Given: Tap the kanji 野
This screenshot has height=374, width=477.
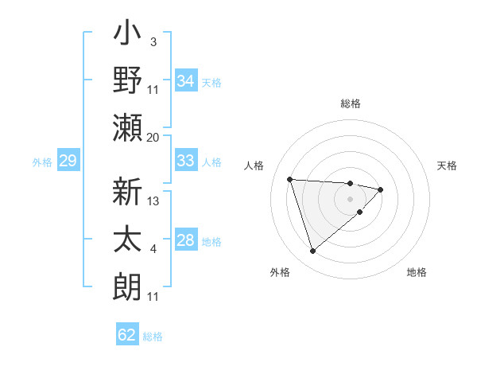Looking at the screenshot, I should [x=128, y=81].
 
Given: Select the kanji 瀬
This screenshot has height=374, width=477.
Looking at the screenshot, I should [x=128, y=127].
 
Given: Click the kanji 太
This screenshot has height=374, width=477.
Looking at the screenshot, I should [x=128, y=239].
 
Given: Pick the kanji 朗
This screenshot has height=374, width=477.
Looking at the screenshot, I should [x=128, y=286].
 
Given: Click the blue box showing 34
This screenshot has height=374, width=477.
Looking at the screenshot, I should [x=185, y=81].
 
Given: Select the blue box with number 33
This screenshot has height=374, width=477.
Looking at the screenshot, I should [x=185, y=161].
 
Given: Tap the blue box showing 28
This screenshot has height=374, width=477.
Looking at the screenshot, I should [x=185, y=240].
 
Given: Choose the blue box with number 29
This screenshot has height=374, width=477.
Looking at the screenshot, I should [x=68, y=162].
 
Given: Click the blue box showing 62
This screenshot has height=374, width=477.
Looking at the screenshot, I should [x=127, y=335].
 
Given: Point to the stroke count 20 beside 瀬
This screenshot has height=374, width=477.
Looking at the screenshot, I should [x=153, y=138].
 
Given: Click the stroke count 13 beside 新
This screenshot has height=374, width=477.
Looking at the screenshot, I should [x=153, y=201].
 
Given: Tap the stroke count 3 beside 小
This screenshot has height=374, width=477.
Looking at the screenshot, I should [x=153, y=41].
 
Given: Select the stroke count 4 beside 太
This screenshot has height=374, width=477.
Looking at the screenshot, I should [x=153, y=249].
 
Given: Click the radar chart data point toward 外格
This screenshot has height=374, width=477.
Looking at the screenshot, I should [x=312, y=251].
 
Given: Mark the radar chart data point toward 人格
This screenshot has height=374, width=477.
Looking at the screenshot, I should [x=290, y=179].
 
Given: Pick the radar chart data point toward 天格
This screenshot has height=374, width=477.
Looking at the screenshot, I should [x=381, y=189].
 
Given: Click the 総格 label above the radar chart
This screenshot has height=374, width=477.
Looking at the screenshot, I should [x=351, y=103].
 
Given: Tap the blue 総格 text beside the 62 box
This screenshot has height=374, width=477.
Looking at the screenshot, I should [x=153, y=337].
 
